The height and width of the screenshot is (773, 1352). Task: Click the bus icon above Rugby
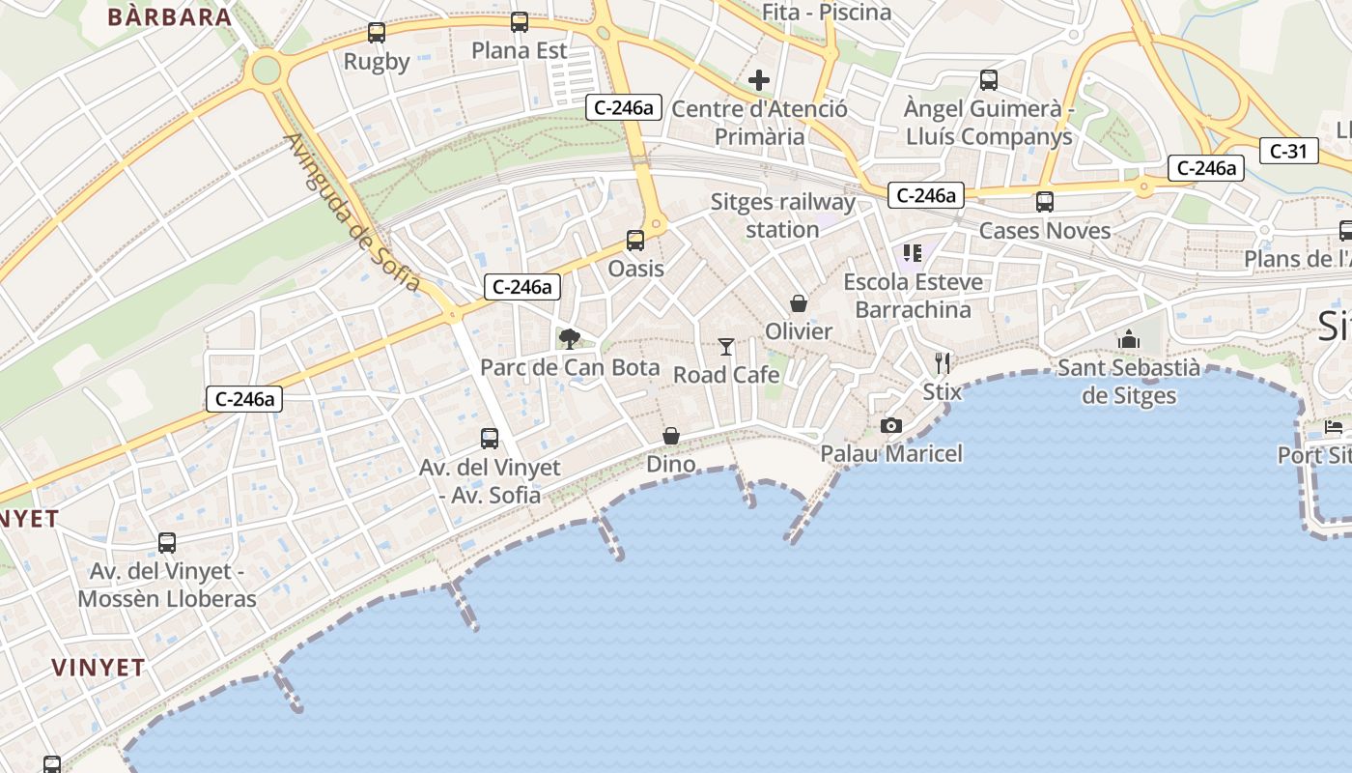pos(377,33)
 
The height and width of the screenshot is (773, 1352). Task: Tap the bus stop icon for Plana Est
pos(520,22)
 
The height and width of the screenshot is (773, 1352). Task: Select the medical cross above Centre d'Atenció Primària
pos(759,79)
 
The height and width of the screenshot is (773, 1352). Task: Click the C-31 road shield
pos(1288,151)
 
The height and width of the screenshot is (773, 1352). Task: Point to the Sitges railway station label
pos(783,215)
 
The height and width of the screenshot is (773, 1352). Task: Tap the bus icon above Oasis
pos(635,241)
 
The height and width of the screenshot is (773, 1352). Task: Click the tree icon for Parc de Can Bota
pos(570,339)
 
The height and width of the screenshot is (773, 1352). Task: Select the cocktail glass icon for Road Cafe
pos(726,347)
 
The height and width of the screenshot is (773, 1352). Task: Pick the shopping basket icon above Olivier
pos(799,303)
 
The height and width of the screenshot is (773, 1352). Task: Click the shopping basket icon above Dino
pos(671,436)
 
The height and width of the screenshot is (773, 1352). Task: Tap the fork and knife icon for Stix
pos(943,363)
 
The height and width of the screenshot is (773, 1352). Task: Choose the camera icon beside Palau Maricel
pos(891,425)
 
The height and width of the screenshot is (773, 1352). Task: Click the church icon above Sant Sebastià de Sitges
pos(1128,340)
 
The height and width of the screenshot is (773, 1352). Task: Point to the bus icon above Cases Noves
pos(1045,202)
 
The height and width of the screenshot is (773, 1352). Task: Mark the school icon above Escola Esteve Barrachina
pos(913,254)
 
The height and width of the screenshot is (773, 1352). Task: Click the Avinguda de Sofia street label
pos(352,212)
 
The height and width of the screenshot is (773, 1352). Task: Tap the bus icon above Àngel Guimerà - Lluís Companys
pos(989,80)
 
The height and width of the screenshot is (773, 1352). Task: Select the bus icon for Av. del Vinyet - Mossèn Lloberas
pos(167,543)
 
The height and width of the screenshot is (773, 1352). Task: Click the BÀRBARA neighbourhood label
pos(170,16)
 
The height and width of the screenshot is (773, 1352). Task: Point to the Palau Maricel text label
pos(891,453)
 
